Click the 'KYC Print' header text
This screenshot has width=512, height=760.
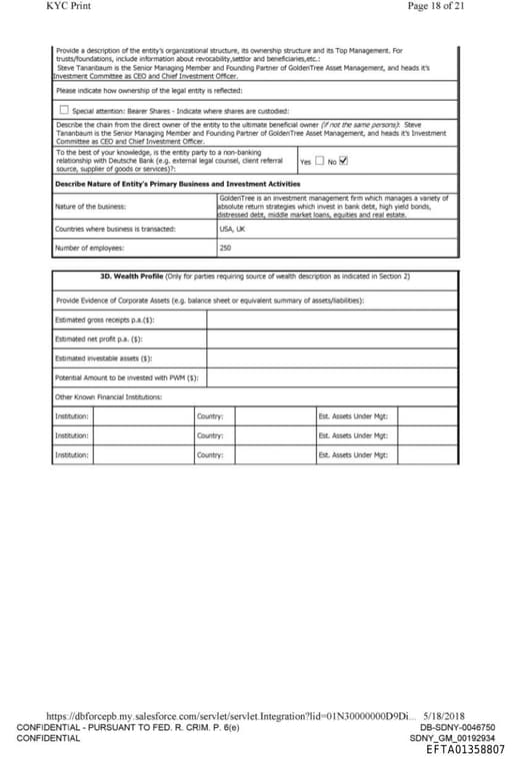point(67,6)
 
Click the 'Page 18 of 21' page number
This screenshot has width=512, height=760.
point(437,6)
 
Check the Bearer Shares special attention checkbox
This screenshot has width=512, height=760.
point(64,110)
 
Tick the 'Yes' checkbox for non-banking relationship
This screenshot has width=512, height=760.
point(319,161)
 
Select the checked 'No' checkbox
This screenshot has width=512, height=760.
point(344,161)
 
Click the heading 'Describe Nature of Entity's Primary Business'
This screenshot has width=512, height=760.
point(177,184)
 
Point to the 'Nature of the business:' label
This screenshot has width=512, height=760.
point(90,207)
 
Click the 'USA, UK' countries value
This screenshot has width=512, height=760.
point(232,229)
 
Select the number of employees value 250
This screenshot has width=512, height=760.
point(225,247)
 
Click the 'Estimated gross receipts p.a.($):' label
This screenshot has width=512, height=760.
point(105,320)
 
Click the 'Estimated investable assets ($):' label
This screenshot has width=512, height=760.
point(102,358)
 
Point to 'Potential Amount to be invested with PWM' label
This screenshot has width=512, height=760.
point(126,378)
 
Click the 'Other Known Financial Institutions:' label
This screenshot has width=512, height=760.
point(108,396)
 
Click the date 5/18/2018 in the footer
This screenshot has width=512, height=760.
point(445,716)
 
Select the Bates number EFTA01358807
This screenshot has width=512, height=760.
point(465,749)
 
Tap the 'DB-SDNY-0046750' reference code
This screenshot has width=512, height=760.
point(457,727)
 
